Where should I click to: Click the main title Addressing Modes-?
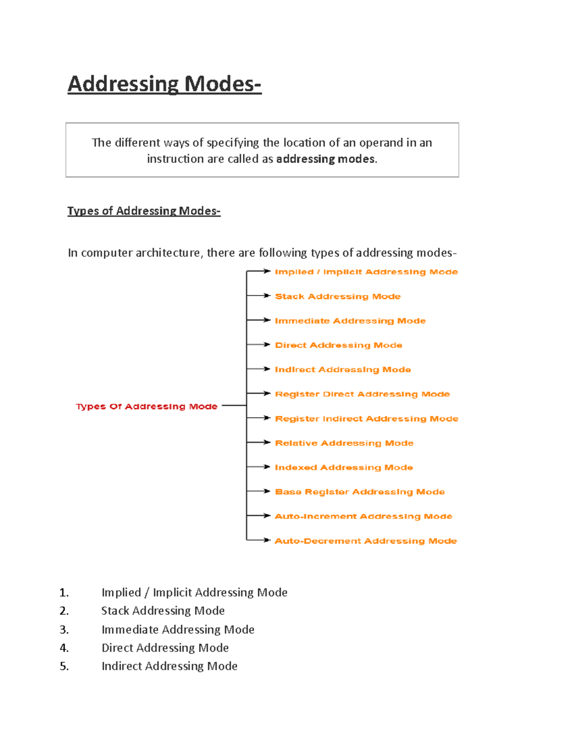tap(164, 84)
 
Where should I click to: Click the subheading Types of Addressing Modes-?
tap(143, 211)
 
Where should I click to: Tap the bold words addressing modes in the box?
tap(325, 159)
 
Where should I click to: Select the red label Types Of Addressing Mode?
tap(146, 406)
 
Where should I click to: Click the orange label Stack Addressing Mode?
tap(338, 297)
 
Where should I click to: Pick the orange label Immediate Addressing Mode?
tap(350, 321)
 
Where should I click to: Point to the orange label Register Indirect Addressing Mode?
tap(366, 419)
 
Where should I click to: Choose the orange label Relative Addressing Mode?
tap(344, 443)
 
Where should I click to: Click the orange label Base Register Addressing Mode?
tap(360, 492)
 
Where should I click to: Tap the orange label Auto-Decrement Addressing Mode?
tap(365, 541)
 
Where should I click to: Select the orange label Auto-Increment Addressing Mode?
tap(363, 516)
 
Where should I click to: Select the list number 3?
tap(64, 630)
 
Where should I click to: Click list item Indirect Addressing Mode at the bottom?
tap(169, 666)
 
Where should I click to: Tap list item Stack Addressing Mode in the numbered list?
tap(163, 611)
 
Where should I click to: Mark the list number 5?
tap(64, 666)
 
